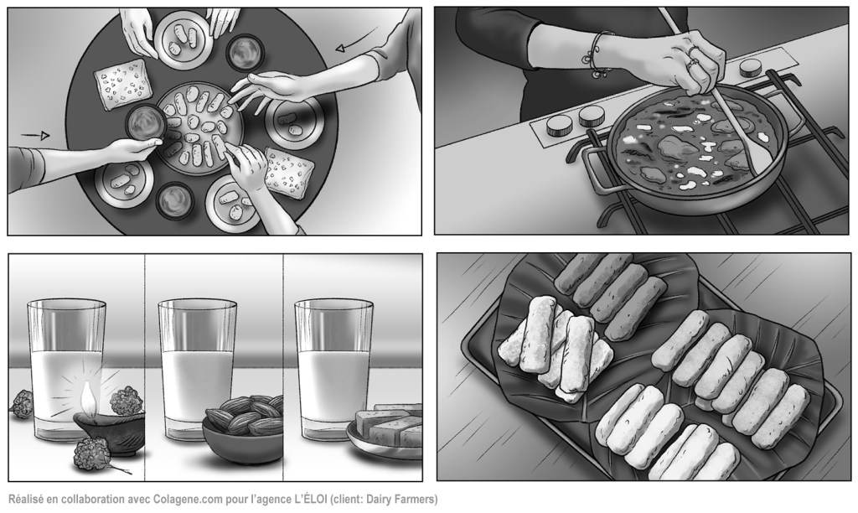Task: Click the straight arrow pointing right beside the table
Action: tap(35, 135)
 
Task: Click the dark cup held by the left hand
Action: tap(146, 122)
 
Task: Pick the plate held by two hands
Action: tap(183, 40)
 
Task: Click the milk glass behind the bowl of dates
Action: tap(197, 369)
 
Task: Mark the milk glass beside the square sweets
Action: tap(333, 369)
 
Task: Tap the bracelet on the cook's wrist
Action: tap(597, 54)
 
